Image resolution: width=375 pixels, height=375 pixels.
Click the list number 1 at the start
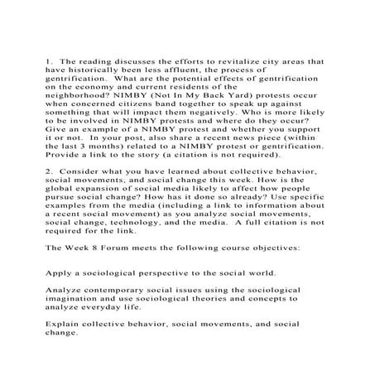[48, 62]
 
